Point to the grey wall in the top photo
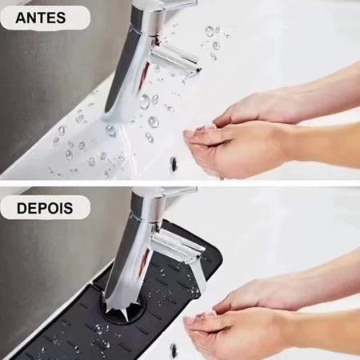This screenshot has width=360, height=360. (x=48, y=80)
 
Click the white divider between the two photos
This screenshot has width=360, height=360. (x=180, y=182)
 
